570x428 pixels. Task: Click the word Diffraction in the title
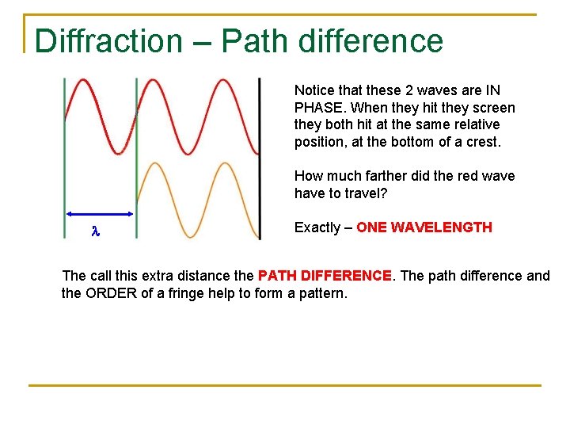pos(108,41)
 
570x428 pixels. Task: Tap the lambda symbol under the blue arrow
pos(95,231)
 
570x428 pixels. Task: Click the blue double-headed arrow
pos(100,214)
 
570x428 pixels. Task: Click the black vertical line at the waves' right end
pos(259,159)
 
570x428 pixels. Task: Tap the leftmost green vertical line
pos(65,159)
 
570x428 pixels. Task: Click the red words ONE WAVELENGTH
pos(424,227)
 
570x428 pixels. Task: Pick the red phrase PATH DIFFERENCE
pos(325,276)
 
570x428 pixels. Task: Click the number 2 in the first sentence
pos(416,90)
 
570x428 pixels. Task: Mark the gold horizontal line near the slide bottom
pos(285,385)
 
